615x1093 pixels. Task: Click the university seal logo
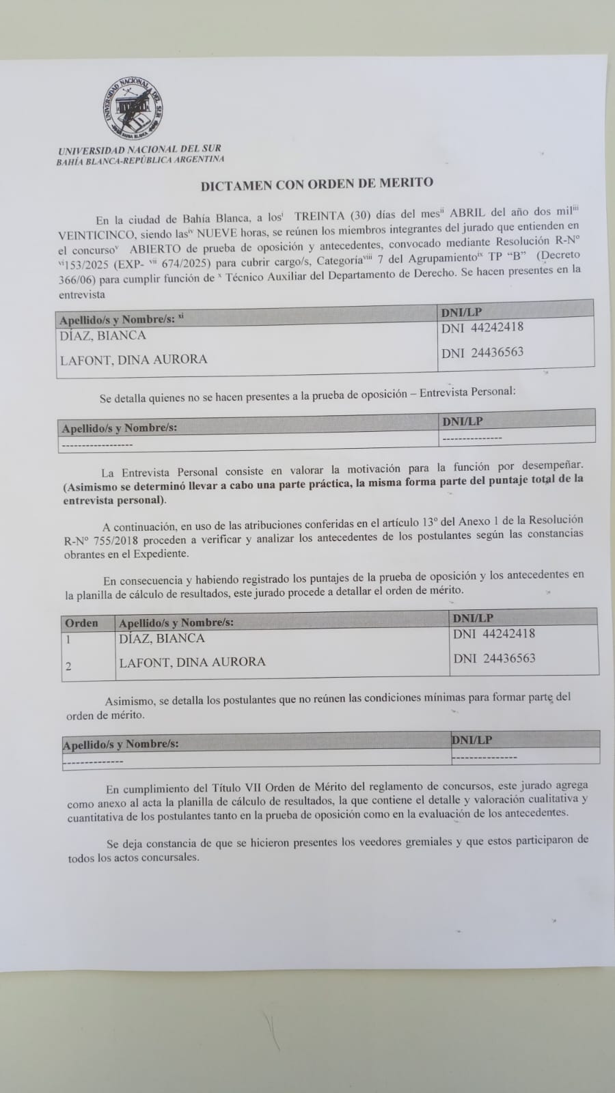tap(133, 109)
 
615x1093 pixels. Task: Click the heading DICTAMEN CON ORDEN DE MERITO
tap(316, 183)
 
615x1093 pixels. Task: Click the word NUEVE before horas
tap(217, 231)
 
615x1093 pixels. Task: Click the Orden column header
tap(81, 623)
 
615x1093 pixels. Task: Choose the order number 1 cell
tap(68, 640)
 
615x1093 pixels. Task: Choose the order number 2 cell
tap(68, 666)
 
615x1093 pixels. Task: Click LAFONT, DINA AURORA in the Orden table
tap(192, 662)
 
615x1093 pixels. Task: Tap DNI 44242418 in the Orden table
tap(493, 633)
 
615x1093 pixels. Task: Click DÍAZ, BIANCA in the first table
tap(102, 335)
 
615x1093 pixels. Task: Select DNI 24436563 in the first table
tap(482, 352)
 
